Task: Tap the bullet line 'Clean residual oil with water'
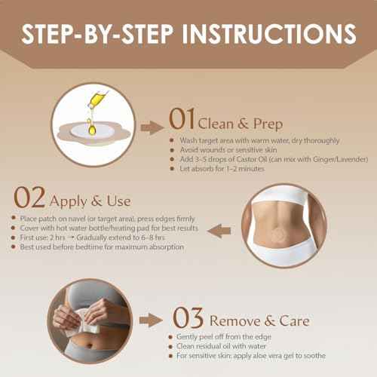(225, 345)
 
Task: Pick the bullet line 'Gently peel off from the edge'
(225, 336)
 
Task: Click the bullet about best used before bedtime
(98, 247)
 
